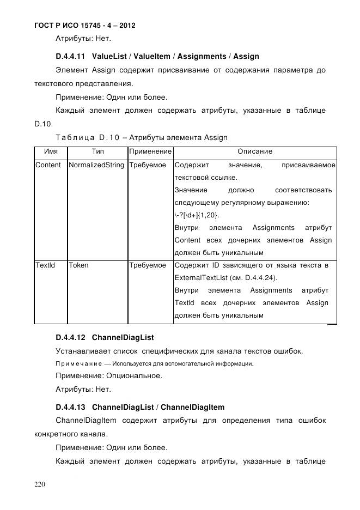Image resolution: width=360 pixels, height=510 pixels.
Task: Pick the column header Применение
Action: tap(150, 151)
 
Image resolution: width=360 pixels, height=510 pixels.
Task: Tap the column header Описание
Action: tap(254, 151)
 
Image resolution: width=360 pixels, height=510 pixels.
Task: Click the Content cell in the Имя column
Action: tap(48, 165)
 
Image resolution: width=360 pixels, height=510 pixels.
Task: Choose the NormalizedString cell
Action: tap(96, 165)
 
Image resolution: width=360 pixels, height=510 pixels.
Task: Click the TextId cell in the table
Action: tap(45, 265)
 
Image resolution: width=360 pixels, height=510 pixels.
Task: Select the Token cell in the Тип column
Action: tap(79, 265)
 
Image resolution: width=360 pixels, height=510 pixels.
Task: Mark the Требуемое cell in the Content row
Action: tap(148, 165)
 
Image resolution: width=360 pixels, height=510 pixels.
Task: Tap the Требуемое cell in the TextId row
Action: tap(148, 265)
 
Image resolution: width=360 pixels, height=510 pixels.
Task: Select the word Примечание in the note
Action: tap(78, 363)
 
